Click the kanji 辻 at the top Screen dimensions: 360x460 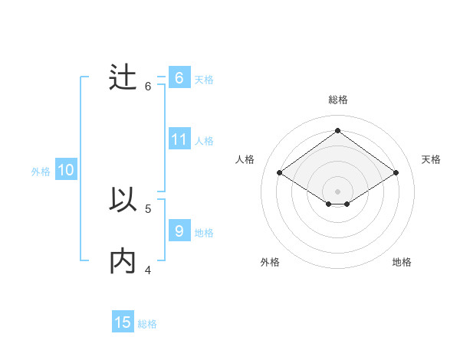pyautogui.click(x=123, y=80)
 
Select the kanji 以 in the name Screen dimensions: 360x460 pyautogui.click(x=123, y=201)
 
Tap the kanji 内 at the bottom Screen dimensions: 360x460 pyautogui.click(x=123, y=262)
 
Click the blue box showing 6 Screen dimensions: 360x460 pyautogui.click(x=179, y=78)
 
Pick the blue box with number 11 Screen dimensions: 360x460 pyautogui.click(x=179, y=139)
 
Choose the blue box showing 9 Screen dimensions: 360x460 pyautogui.click(x=179, y=231)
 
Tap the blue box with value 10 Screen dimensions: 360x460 pyautogui.click(x=66, y=171)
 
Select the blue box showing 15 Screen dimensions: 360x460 pyautogui.click(x=123, y=322)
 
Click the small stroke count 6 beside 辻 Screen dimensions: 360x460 pyautogui.click(x=148, y=87)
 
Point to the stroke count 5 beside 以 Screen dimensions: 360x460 pyautogui.click(x=148, y=208)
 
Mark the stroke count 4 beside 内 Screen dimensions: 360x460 pyautogui.click(x=148, y=270)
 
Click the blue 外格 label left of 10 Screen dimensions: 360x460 pyautogui.click(x=41, y=172)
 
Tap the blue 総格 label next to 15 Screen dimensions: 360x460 pyautogui.click(x=147, y=324)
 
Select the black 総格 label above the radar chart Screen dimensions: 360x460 pyautogui.click(x=337, y=100)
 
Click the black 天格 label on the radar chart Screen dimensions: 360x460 pyautogui.click(x=431, y=159)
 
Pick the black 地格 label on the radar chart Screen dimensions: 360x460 pyautogui.click(x=402, y=262)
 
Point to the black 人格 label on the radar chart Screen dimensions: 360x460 pyautogui.click(x=245, y=159)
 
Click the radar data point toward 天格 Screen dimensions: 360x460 pyautogui.click(x=396, y=173)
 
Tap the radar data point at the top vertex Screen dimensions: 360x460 pyautogui.click(x=337, y=130)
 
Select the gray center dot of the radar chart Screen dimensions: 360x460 pyautogui.click(x=337, y=191)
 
